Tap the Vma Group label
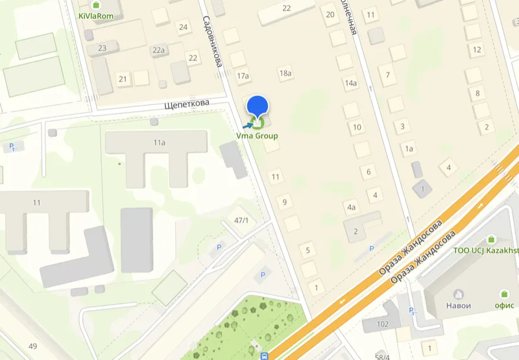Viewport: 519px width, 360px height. [x=258, y=136]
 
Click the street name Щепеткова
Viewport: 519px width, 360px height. [x=186, y=104]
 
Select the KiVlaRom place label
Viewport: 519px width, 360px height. [x=95, y=16]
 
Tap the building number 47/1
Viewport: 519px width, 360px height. [x=241, y=221]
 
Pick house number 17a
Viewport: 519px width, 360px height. [x=243, y=77]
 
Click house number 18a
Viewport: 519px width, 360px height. [x=285, y=73]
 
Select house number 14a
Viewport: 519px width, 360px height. [x=351, y=83]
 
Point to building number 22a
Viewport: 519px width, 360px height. [x=159, y=51]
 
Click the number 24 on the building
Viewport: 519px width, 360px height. [x=183, y=27]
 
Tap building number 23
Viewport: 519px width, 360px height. [x=102, y=48]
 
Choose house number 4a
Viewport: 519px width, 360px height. [x=352, y=208]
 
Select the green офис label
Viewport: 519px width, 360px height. [x=504, y=306]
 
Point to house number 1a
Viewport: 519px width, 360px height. [x=409, y=149]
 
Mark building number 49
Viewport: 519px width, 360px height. [x=32, y=346]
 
